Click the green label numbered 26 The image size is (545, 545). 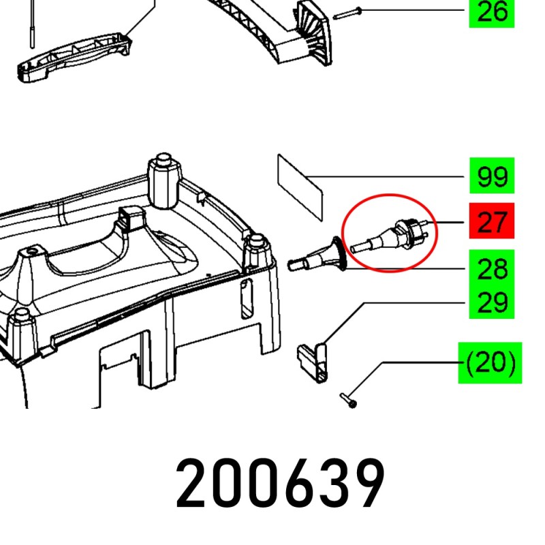(x=491, y=13)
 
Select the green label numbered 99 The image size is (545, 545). (x=492, y=176)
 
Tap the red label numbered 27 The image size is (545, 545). (x=492, y=221)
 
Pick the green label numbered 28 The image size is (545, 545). (x=492, y=268)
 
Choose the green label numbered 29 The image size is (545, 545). (x=492, y=302)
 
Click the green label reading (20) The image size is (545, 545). (x=490, y=363)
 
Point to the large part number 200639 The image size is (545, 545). (x=280, y=484)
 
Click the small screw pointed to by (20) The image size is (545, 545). (x=349, y=400)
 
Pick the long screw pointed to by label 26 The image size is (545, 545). (x=347, y=14)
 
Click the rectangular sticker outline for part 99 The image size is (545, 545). (x=300, y=188)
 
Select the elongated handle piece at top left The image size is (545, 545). (x=75, y=57)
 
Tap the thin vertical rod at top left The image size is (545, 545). (x=31, y=24)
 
